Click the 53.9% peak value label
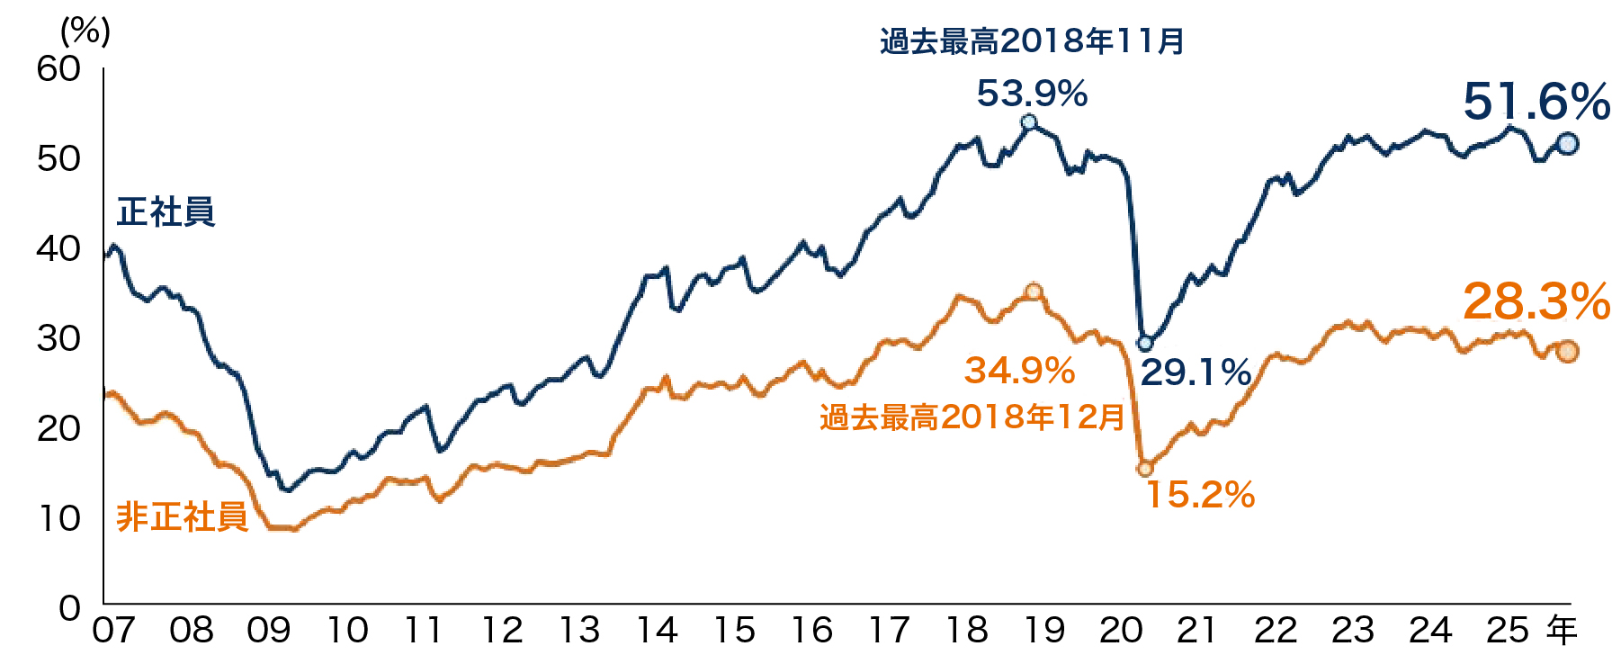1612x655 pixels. click(1032, 94)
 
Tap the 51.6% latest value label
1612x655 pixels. click(1536, 102)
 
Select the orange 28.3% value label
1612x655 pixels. click(1536, 302)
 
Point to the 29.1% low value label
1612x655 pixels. click(1196, 372)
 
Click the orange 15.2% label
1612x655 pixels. click(1200, 495)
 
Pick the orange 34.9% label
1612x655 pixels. click(1019, 371)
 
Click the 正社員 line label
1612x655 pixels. click(166, 212)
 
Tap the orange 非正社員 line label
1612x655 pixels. click(182, 517)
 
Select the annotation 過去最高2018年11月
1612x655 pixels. click(1031, 41)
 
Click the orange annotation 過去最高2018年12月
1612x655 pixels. click(972, 417)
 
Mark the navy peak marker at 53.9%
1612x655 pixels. click(1028, 122)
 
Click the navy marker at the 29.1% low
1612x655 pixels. click(1145, 343)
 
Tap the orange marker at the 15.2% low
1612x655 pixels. click(1145, 469)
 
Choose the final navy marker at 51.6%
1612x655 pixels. click(1567, 143)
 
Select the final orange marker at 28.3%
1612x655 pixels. click(1567, 352)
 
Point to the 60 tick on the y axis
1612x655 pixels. click(58, 69)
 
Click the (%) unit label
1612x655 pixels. click(85, 32)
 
